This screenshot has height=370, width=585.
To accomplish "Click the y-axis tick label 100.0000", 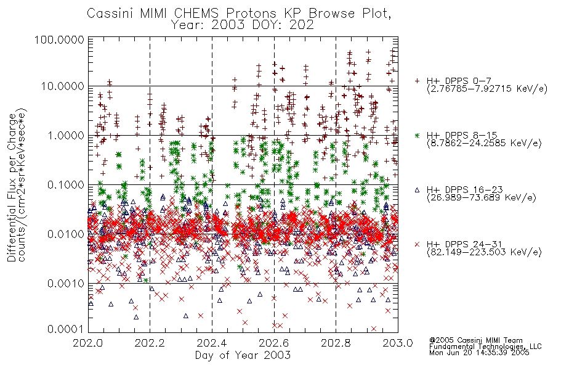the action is [x=59, y=39].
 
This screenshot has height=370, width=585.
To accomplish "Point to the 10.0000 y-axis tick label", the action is [x=63, y=86].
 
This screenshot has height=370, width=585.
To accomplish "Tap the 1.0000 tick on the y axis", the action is [x=66, y=135].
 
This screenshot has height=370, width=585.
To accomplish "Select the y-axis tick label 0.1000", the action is [x=66, y=184].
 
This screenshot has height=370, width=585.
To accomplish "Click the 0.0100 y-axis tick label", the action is [x=66, y=234].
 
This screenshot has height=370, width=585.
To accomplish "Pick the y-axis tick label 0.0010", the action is [x=66, y=283].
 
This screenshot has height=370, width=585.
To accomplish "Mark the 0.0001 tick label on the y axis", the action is [x=66, y=329].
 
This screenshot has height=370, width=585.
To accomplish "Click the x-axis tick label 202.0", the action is [x=88, y=343].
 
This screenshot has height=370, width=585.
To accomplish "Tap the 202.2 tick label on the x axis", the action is [x=150, y=343].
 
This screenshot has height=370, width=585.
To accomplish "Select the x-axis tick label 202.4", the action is [x=212, y=343].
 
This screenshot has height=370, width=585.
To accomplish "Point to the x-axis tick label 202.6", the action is [x=274, y=343].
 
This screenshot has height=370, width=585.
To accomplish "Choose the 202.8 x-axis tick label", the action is [x=336, y=343].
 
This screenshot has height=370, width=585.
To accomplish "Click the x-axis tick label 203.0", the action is [x=398, y=343].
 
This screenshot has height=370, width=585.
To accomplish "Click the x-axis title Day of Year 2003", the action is [x=243, y=355].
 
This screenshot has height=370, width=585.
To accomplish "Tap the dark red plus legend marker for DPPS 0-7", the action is [x=417, y=81].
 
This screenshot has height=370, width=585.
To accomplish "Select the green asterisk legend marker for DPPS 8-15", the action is [x=417, y=135].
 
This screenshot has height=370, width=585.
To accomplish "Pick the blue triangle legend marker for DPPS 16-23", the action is [x=417, y=190].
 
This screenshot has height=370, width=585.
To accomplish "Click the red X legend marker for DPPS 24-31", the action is [x=417, y=244].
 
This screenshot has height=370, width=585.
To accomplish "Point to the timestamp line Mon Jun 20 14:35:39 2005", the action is [x=479, y=353].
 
